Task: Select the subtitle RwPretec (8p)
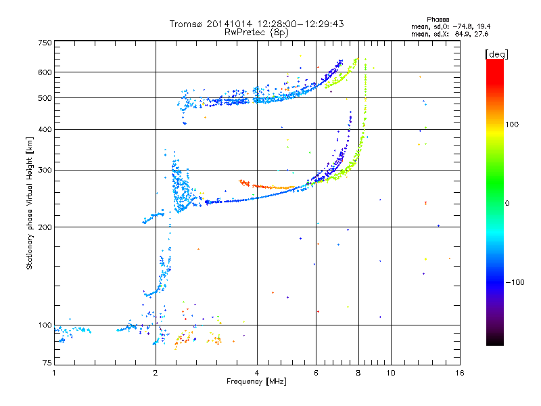256,32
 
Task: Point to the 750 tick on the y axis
45,42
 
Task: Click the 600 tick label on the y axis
45,72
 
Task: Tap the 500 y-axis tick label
45,97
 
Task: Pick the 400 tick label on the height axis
45,129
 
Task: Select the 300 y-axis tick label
45,170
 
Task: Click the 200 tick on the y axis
45,227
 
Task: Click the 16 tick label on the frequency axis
458,373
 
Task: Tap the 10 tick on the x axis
390,373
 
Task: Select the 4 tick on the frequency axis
257,373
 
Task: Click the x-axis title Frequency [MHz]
256,382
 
